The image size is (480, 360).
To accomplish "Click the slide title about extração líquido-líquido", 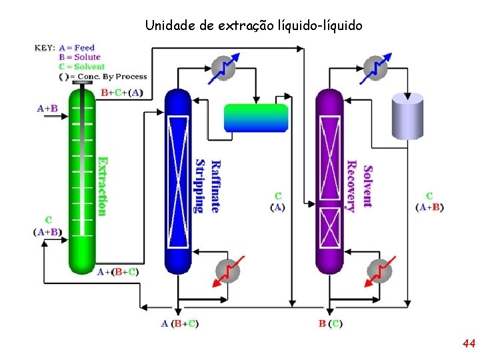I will click(x=253, y=26).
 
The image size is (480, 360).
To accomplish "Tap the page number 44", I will click(x=468, y=344).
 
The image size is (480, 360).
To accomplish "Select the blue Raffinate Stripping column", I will click(x=177, y=180).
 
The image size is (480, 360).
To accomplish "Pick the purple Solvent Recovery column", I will click(x=329, y=180).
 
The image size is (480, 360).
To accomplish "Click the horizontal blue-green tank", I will click(x=256, y=118).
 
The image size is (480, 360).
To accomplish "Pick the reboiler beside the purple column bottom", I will click(x=380, y=271).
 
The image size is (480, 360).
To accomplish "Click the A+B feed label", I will click(x=47, y=108).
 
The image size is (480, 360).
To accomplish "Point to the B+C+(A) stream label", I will click(x=121, y=93).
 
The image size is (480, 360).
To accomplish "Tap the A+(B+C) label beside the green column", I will click(x=118, y=272).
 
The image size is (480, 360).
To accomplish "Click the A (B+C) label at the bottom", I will click(x=180, y=324).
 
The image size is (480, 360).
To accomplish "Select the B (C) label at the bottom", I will click(x=331, y=324).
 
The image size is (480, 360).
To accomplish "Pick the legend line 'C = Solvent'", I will click(x=82, y=66).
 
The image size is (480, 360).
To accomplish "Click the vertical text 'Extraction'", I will click(x=102, y=186).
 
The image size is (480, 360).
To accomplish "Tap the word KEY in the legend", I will click(x=44, y=48).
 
